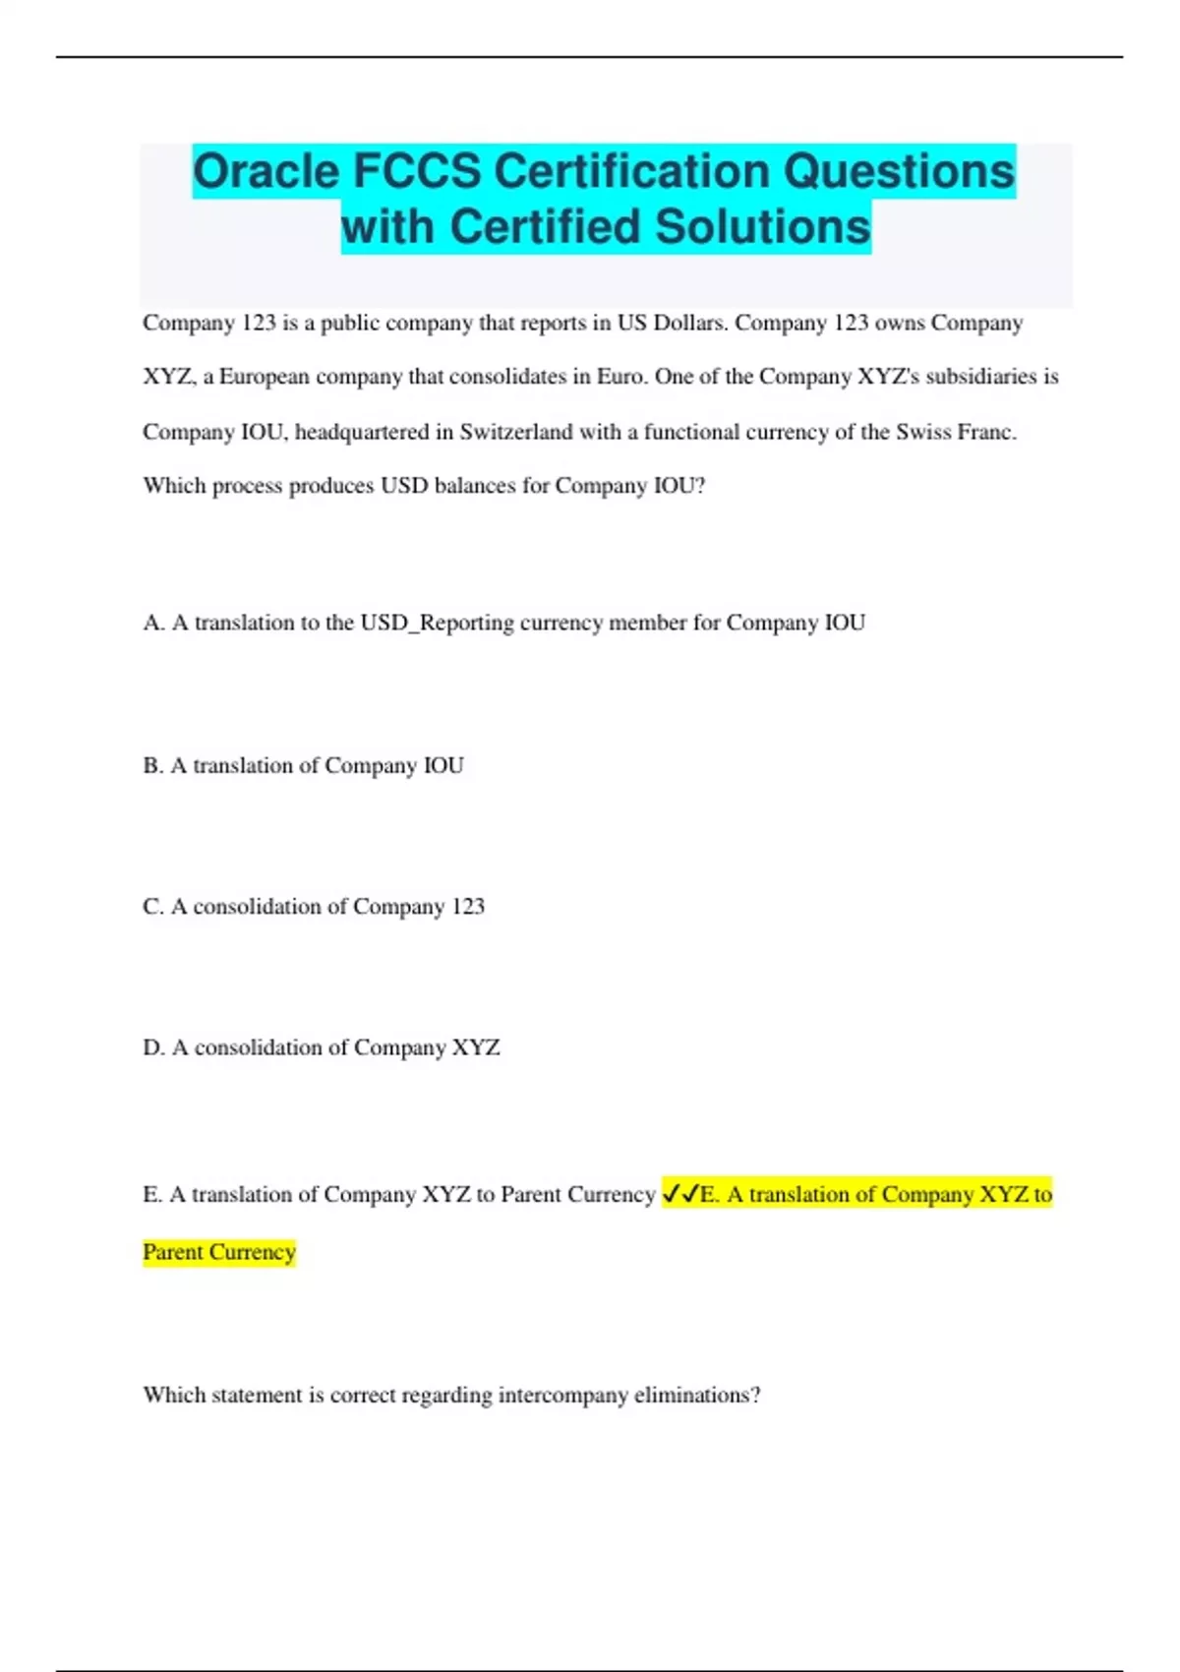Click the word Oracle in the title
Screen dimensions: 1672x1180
pos(265,171)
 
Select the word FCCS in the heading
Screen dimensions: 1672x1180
pos(414,171)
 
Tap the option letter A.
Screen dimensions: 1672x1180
pos(152,623)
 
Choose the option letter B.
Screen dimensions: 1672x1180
pos(152,765)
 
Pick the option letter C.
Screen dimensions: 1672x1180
pos(152,906)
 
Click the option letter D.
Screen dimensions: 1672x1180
pos(152,1047)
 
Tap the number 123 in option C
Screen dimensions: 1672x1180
pos(468,906)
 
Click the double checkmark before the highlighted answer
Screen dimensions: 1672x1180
pos(680,1194)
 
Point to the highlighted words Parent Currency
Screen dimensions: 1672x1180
pos(219,1252)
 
